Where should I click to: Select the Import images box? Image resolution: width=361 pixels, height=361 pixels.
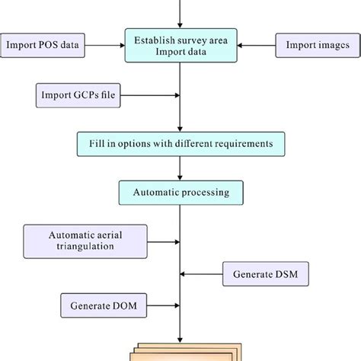[x=314, y=45]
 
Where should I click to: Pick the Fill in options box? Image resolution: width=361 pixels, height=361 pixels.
[x=181, y=142]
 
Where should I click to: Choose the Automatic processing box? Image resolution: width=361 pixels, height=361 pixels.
[x=180, y=192]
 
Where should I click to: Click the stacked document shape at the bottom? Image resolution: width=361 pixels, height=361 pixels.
[x=180, y=351]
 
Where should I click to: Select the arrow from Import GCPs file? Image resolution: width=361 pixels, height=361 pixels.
[x=145, y=95]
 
